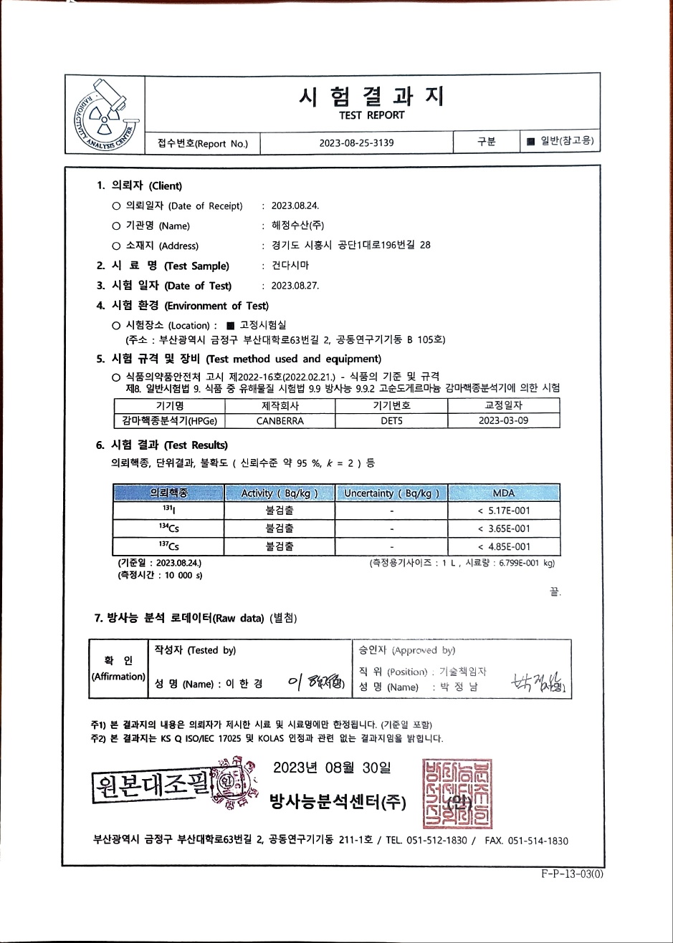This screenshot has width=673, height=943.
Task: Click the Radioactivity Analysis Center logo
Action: (x=105, y=114)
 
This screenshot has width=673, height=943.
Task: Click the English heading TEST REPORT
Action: (x=371, y=115)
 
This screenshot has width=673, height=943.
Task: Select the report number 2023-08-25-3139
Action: (x=356, y=142)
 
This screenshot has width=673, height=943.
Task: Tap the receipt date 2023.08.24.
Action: (x=295, y=205)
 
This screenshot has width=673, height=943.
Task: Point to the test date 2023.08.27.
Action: (x=295, y=285)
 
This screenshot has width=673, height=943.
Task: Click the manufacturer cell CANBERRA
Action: (x=280, y=421)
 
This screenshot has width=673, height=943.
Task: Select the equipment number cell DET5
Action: (x=391, y=421)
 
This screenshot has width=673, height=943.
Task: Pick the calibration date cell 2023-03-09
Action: (x=503, y=421)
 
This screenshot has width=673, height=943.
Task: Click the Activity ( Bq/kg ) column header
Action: (x=280, y=493)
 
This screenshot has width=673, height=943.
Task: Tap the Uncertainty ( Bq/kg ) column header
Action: (x=391, y=493)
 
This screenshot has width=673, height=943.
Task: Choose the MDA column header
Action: (x=504, y=493)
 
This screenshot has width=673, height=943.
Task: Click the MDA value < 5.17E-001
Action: (x=504, y=511)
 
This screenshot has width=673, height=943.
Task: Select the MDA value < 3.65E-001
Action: (x=504, y=528)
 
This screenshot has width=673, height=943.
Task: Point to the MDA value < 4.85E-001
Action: (x=504, y=546)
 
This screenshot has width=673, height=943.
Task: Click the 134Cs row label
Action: (x=169, y=528)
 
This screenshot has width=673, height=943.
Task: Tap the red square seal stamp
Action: (x=457, y=793)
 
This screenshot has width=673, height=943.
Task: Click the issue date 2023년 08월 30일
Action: (x=332, y=768)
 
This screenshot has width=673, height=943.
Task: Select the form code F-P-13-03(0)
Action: (x=573, y=874)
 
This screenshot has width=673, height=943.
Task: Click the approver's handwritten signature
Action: (x=538, y=683)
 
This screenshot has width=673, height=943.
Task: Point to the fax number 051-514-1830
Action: (x=538, y=841)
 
